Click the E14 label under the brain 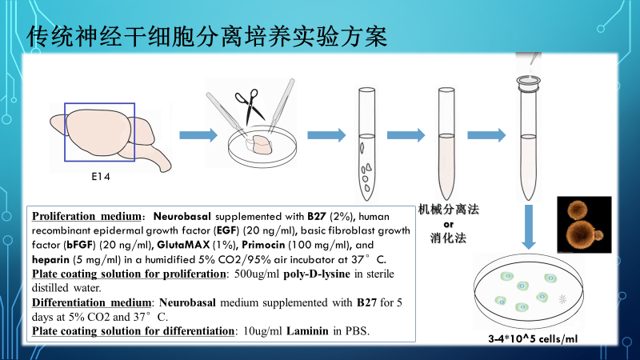pos(101,177)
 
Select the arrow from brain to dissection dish pos(198,135)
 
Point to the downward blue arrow pos(529,226)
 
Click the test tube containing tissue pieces pos(366,144)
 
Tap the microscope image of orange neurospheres pos(584,225)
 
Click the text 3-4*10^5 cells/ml pos(533,338)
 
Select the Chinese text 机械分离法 pos(448,210)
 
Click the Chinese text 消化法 pos(448,238)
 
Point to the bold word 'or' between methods pos(448,224)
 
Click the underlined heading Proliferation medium pos(86,216)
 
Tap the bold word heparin pos(50,259)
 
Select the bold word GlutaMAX pos(183,245)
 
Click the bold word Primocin pos(263,245)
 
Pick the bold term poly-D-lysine pos(317,274)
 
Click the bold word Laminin pos(307,331)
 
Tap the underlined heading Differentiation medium pos(91,302)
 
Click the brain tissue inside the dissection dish pos(259,145)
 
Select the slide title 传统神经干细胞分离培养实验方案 pos(206,37)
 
